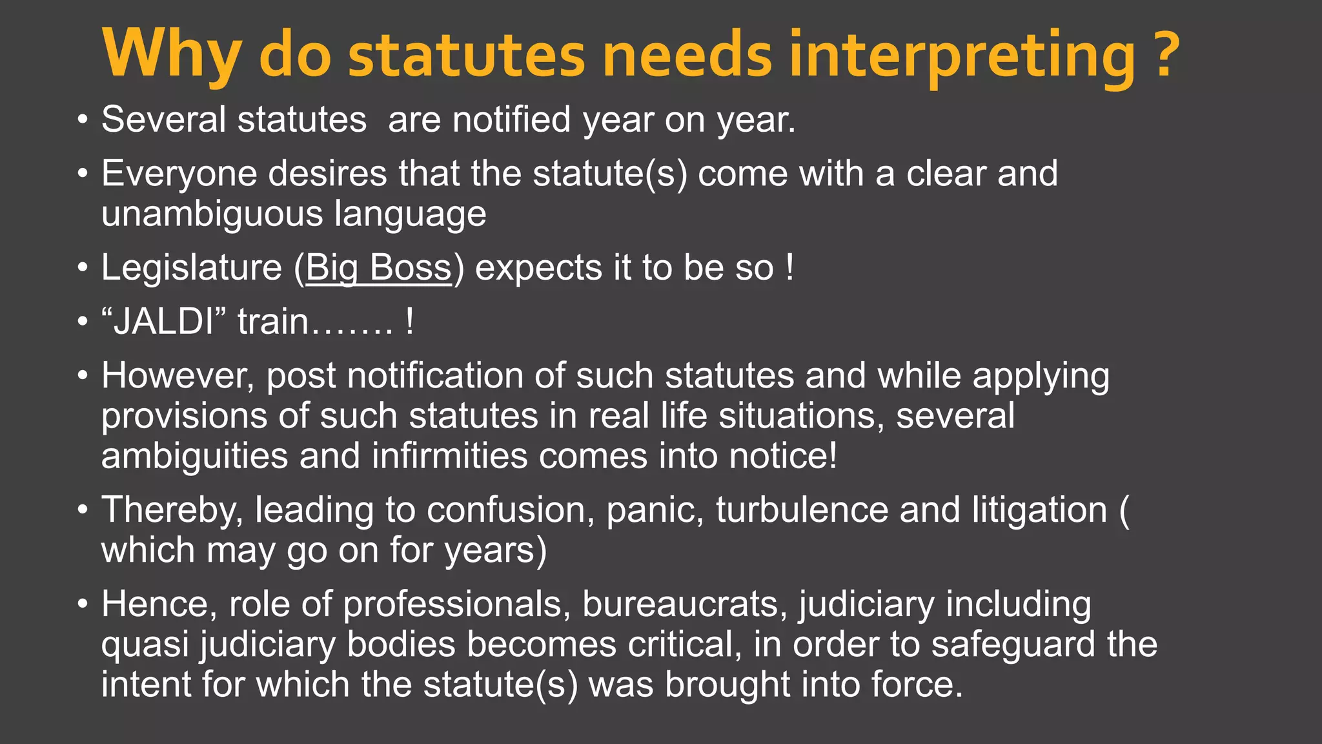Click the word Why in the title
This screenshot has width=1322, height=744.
point(172,54)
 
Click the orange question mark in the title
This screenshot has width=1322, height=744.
point(1166,54)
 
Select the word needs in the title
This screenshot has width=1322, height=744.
point(687,54)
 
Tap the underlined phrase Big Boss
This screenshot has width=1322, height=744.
point(378,268)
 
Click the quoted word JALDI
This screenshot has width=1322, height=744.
point(164,322)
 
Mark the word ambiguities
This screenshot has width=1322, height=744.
point(194,457)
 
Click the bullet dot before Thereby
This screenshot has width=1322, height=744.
point(82,511)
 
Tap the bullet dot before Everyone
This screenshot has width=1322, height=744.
point(82,174)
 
